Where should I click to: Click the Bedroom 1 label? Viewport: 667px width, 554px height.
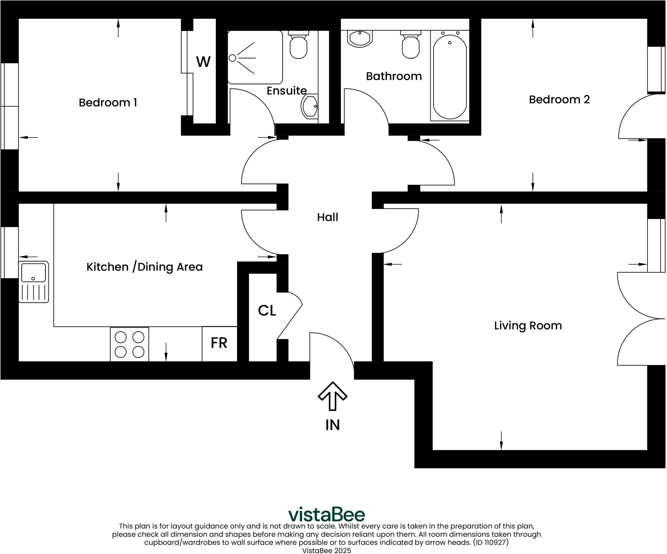coord(108,103)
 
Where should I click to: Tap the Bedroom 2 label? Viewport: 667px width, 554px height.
coord(559,99)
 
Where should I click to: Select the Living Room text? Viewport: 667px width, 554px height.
coord(528,326)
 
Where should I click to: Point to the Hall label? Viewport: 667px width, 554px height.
coord(328,217)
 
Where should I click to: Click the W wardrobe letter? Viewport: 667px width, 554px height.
coord(203,62)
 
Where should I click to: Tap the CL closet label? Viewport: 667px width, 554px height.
coord(267,311)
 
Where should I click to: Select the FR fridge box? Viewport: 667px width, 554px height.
coord(219,343)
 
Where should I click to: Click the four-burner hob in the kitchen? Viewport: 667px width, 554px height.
coord(129,344)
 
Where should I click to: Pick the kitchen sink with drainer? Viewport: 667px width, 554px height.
coord(34,282)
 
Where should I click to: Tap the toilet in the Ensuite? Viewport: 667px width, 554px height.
coord(298,45)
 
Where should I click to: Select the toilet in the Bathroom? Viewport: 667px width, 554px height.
coord(410,45)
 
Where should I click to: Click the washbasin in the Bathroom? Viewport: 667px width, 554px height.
coord(360,38)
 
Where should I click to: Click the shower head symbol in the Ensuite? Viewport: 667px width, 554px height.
coord(233,58)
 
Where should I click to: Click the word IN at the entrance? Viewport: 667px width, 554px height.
coord(333,425)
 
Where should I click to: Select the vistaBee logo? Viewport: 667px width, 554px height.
coord(327,515)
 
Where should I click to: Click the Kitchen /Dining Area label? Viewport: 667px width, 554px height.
coord(145,267)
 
